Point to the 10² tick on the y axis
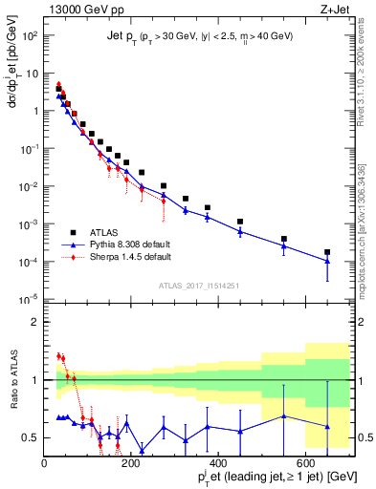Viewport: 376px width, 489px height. tap(31, 35)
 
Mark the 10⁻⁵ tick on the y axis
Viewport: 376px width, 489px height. tap(30, 298)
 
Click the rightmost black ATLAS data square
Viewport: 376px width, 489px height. tap(327, 252)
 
